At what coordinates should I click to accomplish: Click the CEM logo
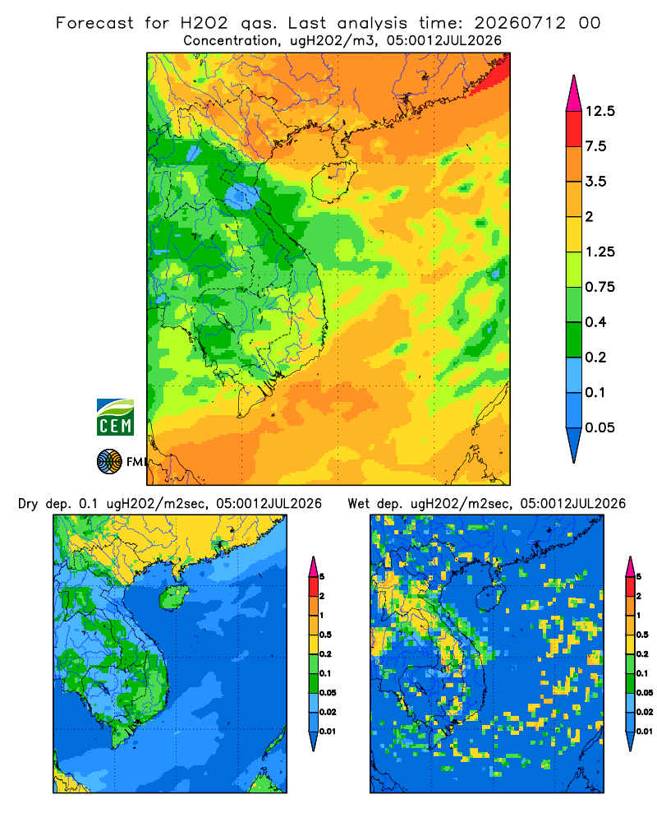pyautogui.click(x=115, y=417)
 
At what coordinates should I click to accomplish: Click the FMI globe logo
pyautogui.click(x=109, y=462)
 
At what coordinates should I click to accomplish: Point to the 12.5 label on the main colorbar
pyautogui.click(x=600, y=111)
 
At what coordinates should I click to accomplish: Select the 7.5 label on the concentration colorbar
pyautogui.click(x=595, y=146)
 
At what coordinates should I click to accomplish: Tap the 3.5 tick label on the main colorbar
pyautogui.click(x=595, y=182)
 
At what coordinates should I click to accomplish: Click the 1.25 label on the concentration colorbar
pyautogui.click(x=600, y=252)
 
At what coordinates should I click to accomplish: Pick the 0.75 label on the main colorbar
pyautogui.click(x=600, y=287)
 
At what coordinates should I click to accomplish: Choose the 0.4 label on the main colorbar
pyautogui.click(x=595, y=322)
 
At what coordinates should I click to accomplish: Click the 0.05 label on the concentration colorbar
pyautogui.click(x=600, y=427)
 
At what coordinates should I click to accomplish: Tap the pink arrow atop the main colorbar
pyautogui.click(x=574, y=94)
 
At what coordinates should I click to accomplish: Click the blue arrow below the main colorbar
pyautogui.click(x=574, y=446)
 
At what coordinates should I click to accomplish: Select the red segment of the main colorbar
pyautogui.click(x=574, y=129)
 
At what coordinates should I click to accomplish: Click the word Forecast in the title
pyautogui.click(x=94, y=23)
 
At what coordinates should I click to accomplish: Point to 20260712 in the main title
pyautogui.click(x=520, y=23)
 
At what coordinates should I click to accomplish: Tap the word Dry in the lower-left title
pyautogui.click(x=28, y=504)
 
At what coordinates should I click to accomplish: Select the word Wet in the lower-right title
pyautogui.click(x=360, y=504)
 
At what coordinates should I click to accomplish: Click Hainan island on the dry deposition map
pyautogui.click(x=173, y=597)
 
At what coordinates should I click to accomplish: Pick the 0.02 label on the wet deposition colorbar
pyautogui.click(x=644, y=712)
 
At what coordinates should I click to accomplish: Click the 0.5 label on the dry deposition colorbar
pyautogui.click(x=325, y=635)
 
